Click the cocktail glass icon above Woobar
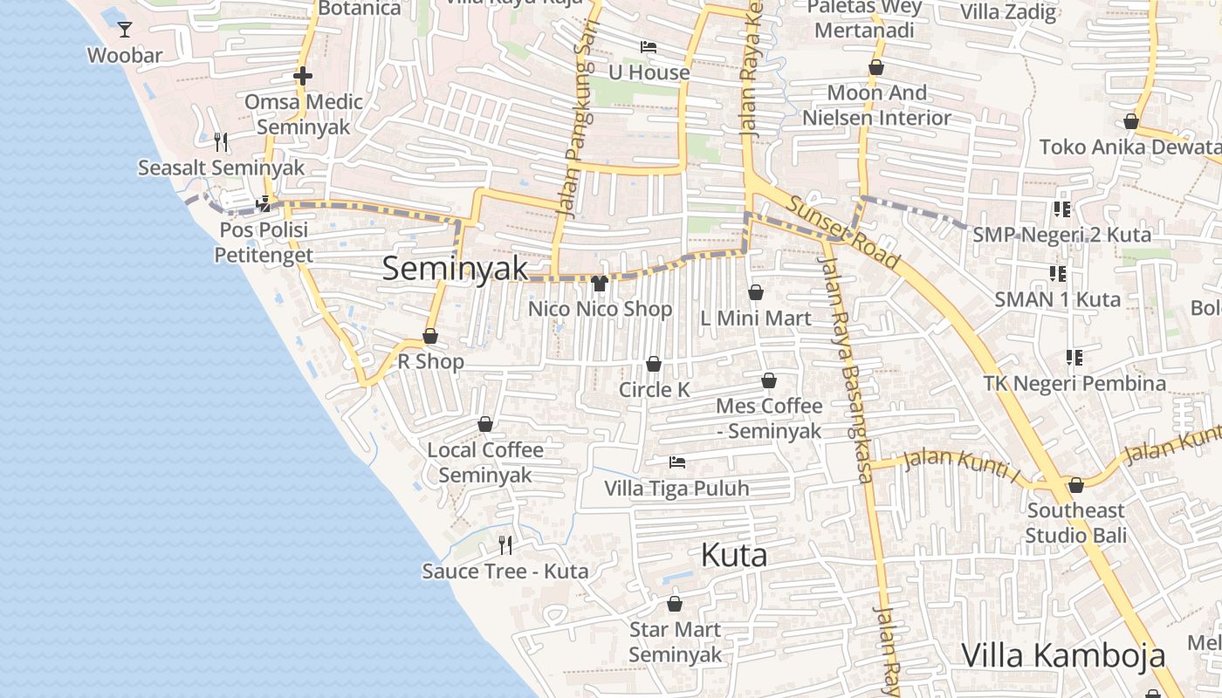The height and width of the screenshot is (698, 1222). pos(125,30)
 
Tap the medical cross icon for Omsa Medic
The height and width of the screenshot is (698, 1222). pos(303,76)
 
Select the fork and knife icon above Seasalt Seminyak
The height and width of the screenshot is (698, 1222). pos(221,141)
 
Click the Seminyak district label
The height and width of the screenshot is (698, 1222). pos(456,268)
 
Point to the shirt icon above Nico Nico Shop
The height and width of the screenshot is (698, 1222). pos(600,283)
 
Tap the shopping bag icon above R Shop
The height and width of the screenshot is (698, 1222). pos(430,336)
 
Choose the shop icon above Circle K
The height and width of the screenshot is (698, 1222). pos(654,364)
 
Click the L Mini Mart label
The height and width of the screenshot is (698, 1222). pos(756,318)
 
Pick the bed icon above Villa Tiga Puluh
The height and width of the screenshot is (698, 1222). pos(677,462)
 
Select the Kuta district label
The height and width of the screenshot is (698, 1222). pos(734,555)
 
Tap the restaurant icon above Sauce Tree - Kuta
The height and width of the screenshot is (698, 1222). pos(505,545)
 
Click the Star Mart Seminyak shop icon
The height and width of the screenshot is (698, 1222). pos(675,604)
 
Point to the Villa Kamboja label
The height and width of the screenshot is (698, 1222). pos(1063,655)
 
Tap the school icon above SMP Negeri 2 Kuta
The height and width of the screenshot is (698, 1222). pos(1061,209)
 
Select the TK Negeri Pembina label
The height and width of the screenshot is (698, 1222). pos(1074,383)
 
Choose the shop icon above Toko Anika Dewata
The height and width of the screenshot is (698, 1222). pos(1131,121)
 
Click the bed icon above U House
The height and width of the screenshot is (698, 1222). pos(649,47)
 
